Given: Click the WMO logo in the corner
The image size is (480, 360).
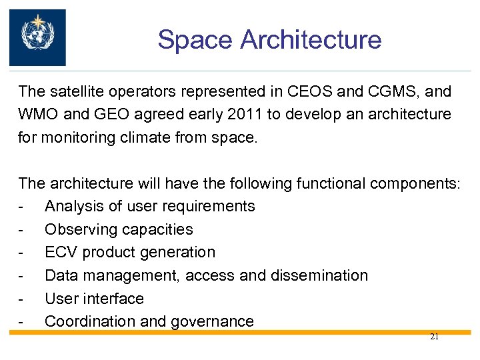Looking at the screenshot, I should coord(37,37).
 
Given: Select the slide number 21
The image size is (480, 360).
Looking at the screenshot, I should coord(434,337).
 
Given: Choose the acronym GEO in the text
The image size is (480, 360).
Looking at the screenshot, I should coord(105,115).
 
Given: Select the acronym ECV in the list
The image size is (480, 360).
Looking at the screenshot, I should coord(59,253).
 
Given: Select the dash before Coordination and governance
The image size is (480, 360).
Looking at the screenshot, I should coord(22,322).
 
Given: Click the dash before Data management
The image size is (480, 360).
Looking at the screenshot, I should coord(22,275).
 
